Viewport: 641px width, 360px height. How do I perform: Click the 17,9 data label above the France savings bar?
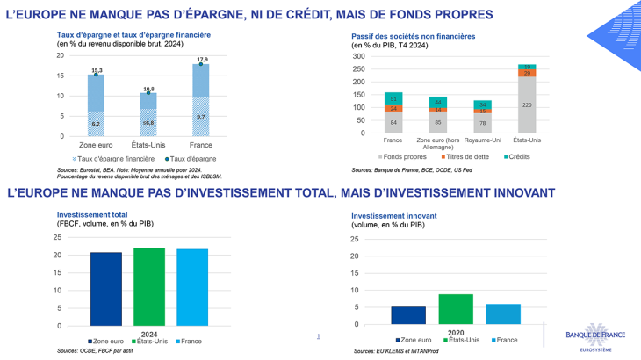click(x=200, y=59)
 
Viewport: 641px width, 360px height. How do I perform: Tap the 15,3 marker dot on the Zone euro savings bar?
click(x=97, y=75)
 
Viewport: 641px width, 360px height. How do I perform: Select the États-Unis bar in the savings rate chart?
click(x=148, y=114)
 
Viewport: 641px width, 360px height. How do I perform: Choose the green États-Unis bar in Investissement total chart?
click(x=149, y=286)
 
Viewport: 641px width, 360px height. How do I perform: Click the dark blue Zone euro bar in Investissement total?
click(x=106, y=289)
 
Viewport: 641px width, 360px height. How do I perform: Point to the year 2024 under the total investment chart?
click(x=149, y=333)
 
